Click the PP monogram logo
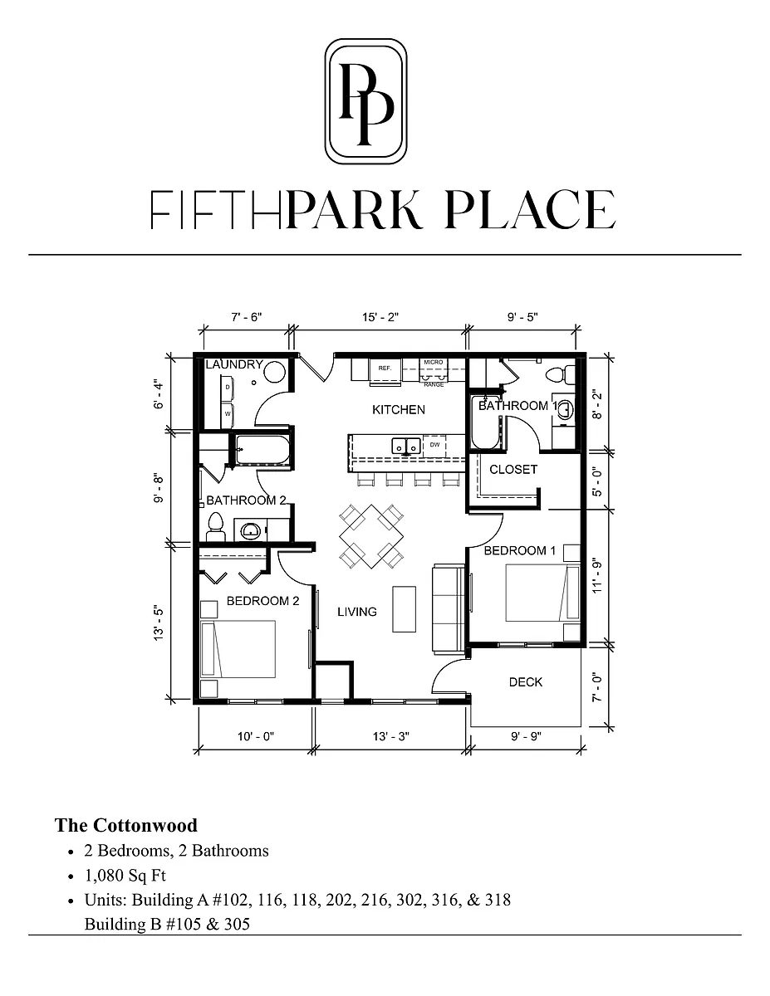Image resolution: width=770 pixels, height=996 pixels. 365,101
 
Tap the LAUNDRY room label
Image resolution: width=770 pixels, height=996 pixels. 234,364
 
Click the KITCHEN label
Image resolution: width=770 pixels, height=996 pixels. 399,409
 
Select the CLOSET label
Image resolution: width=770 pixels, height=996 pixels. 513,469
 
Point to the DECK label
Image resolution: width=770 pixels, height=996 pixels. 526,682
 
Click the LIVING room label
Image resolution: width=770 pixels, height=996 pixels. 357,612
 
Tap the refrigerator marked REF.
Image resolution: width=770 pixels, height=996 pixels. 385,369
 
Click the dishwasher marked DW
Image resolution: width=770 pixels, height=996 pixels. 434,445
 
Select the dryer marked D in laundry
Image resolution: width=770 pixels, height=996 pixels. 228,388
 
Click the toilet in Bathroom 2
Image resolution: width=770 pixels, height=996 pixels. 215,528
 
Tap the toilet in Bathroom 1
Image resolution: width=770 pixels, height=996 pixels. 561,373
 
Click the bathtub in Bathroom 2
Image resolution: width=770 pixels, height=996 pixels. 262,450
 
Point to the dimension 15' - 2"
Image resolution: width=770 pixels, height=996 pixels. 380,317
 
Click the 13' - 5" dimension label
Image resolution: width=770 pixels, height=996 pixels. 159,623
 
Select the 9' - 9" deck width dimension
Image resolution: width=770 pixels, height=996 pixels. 526,736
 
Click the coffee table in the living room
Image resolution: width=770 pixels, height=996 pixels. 404,609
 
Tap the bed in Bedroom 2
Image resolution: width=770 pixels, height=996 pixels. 238,648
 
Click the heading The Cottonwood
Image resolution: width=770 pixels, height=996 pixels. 125,826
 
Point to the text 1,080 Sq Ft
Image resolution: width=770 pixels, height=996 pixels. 125,876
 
